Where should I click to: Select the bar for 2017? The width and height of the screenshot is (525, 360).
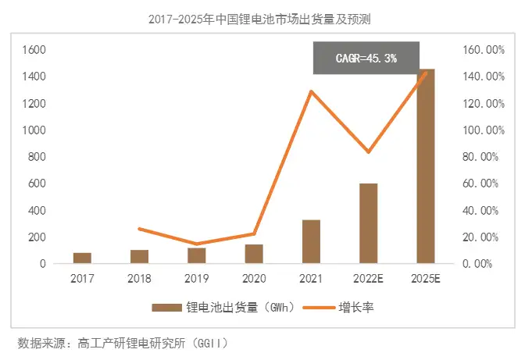click(x=82, y=258)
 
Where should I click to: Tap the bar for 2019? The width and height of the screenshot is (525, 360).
click(x=197, y=256)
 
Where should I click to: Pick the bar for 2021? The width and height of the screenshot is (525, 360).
click(x=311, y=242)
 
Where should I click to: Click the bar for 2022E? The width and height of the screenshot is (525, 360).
click(x=368, y=224)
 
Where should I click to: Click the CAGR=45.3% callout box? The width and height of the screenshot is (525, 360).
click(x=366, y=58)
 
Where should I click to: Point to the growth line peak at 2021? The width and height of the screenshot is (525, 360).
click(x=311, y=91)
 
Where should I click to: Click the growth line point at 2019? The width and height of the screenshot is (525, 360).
click(x=197, y=244)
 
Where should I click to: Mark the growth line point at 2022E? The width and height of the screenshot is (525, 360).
click(x=368, y=151)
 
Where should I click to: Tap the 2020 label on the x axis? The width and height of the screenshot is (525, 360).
click(x=254, y=278)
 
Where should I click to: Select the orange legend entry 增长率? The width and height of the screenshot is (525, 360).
click(x=344, y=307)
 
